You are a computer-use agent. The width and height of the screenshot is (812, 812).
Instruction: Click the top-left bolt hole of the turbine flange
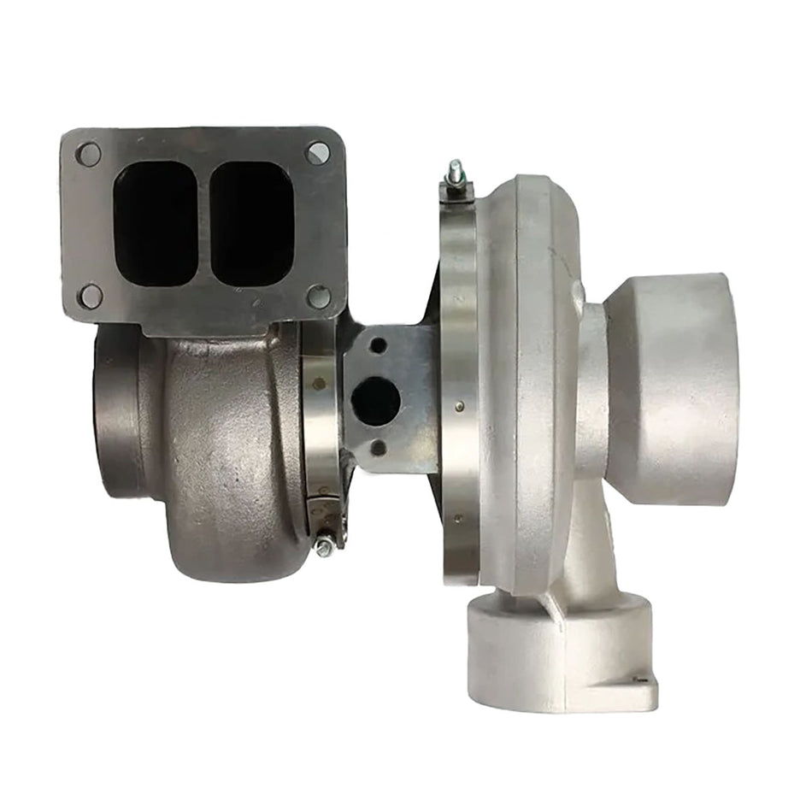88,155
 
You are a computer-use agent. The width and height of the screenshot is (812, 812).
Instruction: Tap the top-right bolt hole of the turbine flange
318,153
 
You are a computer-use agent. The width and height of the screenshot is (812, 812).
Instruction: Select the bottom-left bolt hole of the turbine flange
90,296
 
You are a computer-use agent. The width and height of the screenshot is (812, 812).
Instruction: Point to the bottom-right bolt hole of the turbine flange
318,297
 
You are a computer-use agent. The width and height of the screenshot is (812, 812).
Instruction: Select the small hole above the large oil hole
378,346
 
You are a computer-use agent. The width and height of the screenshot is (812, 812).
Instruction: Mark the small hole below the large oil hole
378,447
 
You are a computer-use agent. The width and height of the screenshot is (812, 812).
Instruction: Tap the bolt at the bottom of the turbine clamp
325,544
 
